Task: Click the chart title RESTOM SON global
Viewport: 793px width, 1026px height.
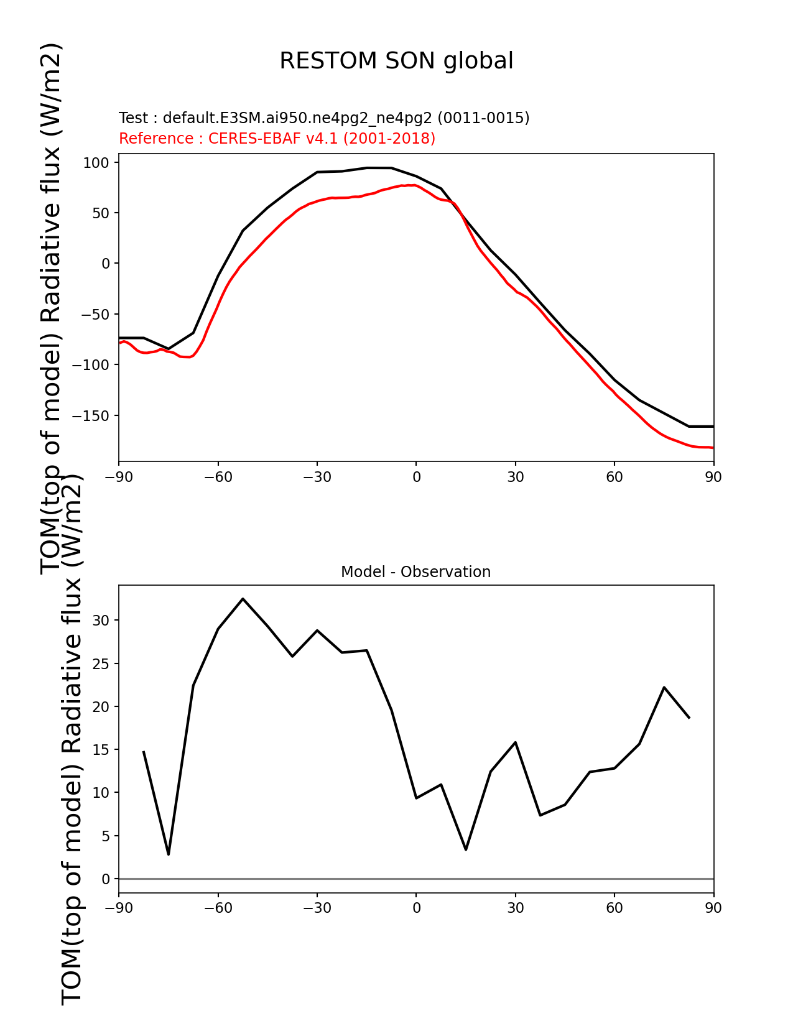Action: [x=396, y=61]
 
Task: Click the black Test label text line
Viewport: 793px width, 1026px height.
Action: [x=324, y=118]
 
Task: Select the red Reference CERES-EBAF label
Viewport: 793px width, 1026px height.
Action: [x=277, y=138]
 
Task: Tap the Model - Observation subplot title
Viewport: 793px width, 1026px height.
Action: [x=415, y=572]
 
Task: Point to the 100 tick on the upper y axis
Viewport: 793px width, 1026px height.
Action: [x=97, y=163]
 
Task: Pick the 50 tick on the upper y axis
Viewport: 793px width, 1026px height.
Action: [x=101, y=213]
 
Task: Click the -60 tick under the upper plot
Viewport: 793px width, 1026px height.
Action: [x=218, y=477]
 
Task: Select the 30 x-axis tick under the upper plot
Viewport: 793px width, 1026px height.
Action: [x=515, y=477]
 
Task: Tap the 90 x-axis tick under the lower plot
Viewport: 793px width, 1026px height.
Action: [x=713, y=908]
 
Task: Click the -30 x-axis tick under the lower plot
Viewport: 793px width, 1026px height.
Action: [x=317, y=908]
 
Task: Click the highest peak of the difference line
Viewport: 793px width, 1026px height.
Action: [x=243, y=599]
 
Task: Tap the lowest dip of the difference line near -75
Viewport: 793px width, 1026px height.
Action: [x=169, y=854]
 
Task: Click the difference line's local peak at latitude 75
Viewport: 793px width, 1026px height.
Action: [x=664, y=687]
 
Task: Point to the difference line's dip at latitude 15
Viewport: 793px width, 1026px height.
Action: [x=466, y=849]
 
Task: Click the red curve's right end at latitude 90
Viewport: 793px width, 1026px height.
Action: [x=713, y=447]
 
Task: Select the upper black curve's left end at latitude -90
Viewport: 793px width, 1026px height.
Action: [x=119, y=338]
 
